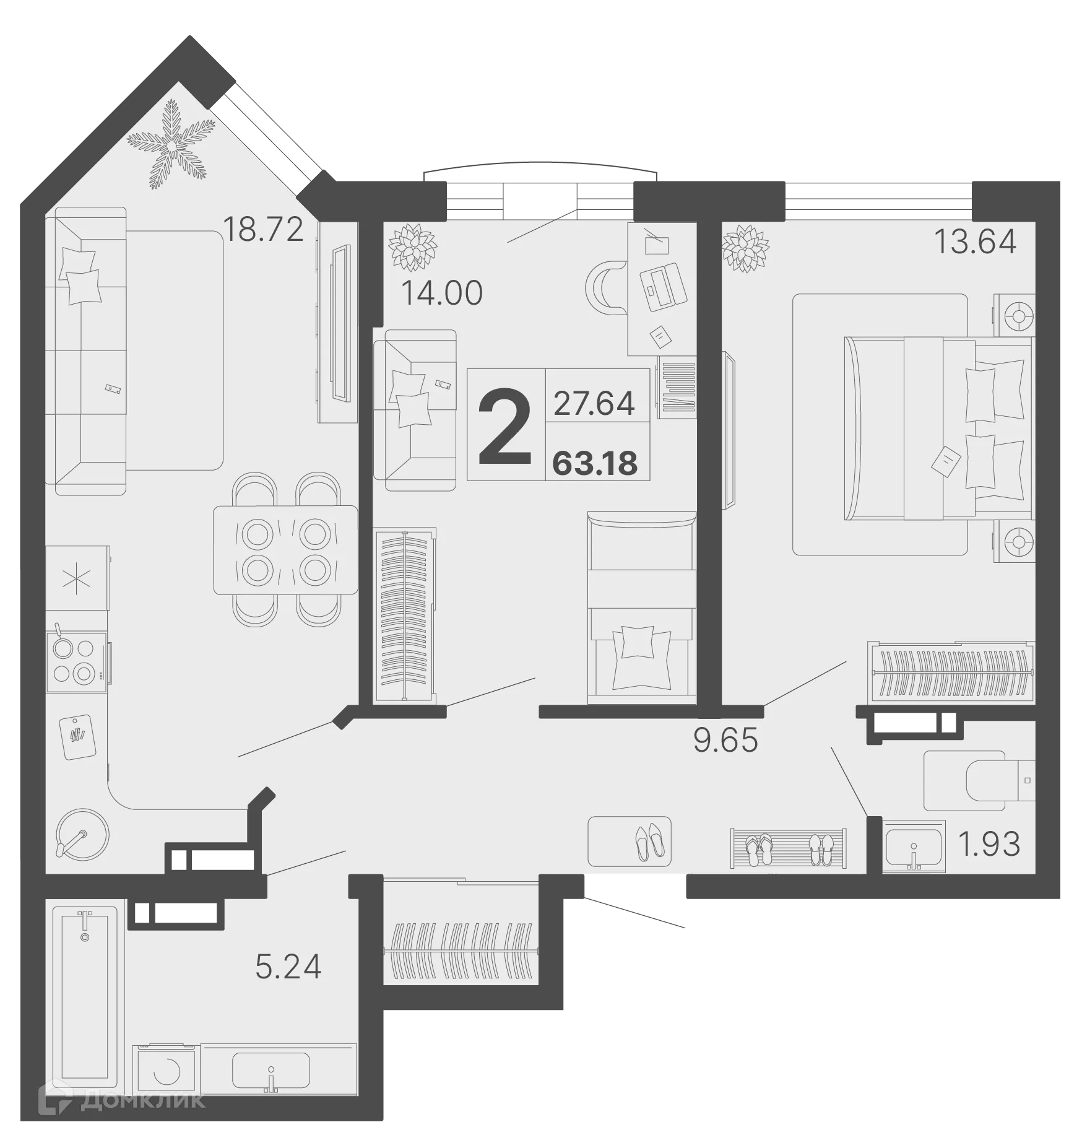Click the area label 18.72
tap(263, 229)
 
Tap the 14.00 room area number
tap(441, 293)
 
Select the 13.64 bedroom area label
tap(974, 241)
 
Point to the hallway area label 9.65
tap(725, 740)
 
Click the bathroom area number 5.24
tap(288, 967)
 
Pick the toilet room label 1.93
tap(989, 844)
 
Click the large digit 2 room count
tap(505, 426)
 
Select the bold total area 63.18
tap(595, 463)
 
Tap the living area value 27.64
tap(594, 403)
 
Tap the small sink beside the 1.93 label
tap(913, 846)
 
